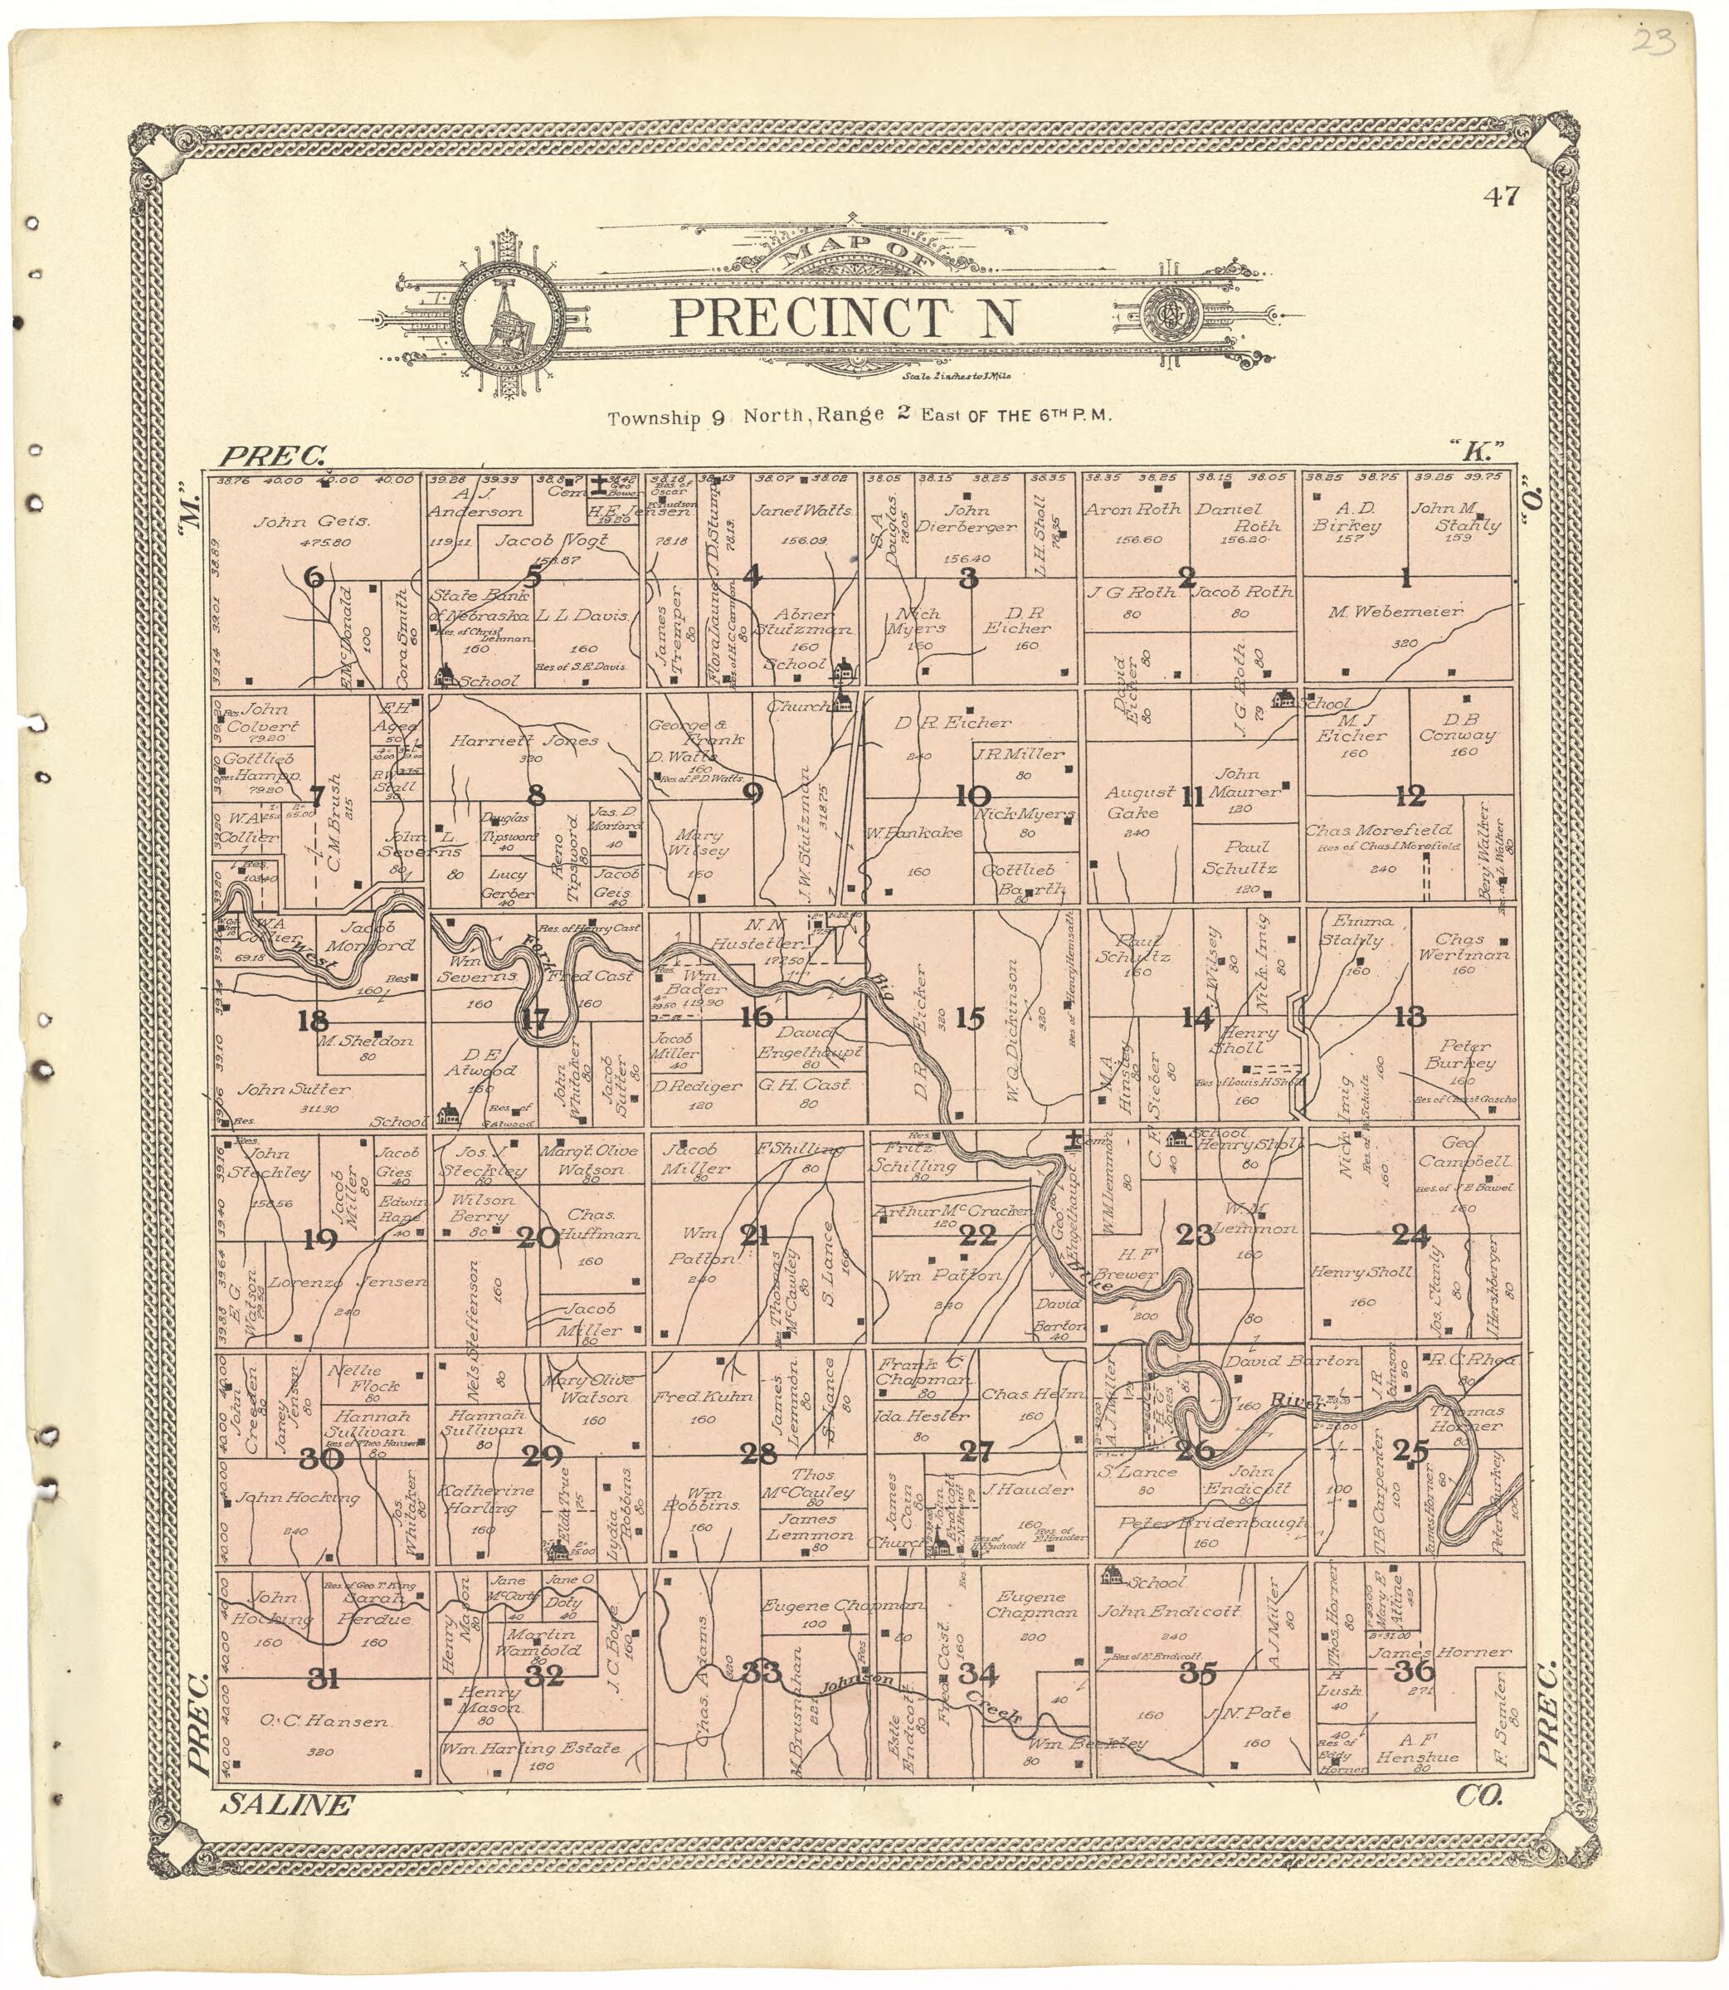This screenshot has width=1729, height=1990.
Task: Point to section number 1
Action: point(1405,579)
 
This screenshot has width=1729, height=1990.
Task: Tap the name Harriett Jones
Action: point(524,741)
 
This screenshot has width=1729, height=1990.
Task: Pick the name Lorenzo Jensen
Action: point(348,1281)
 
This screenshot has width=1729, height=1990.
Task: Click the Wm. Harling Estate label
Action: point(528,1748)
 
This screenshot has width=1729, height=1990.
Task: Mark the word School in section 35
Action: point(1156,1583)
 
